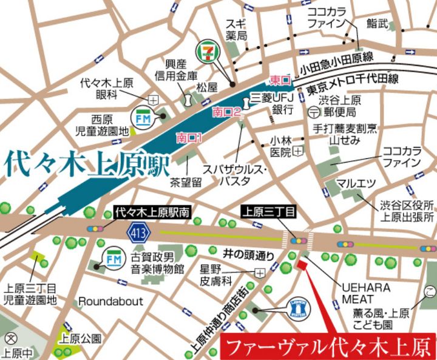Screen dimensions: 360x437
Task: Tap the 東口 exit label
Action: point(280,80)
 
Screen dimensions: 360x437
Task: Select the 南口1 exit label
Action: point(188,137)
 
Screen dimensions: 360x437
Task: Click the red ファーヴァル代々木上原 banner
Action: point(328,347)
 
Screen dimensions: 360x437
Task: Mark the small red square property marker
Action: point(298,265)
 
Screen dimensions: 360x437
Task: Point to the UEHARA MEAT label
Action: point(365,293)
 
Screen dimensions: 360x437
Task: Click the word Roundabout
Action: point(110,301)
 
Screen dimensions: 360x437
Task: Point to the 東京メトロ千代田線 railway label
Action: point(352,89)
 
